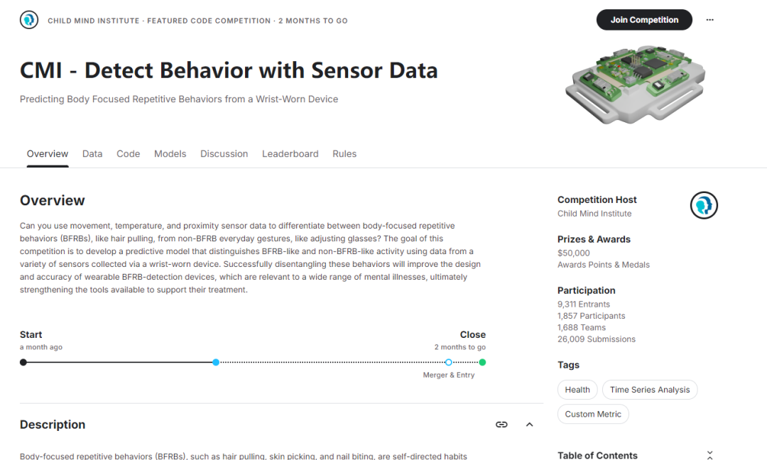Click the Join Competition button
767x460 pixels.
(644, 20)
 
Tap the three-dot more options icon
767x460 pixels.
(709, 20)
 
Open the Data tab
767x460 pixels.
(92, 154)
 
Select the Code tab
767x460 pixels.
(128, 154)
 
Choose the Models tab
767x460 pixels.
(170, 154)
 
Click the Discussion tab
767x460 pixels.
(224, 154)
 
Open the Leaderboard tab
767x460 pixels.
(290, 154)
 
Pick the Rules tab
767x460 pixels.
(344, 154)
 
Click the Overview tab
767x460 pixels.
(48, 154)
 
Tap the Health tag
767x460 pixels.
(577, 390)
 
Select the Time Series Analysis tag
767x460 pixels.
(650, 390)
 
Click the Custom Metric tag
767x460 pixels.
(593, 414)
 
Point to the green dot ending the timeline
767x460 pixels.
(482, 362)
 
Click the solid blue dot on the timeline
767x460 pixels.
(216, 362)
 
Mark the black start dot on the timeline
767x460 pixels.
(23, 362)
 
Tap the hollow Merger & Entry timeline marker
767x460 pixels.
(449, 362)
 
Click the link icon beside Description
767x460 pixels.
(501, 425)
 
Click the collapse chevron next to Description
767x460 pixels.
(529, 425)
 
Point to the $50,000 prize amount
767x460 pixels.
(574, 253)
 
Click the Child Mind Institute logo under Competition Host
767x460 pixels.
(704, 205)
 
